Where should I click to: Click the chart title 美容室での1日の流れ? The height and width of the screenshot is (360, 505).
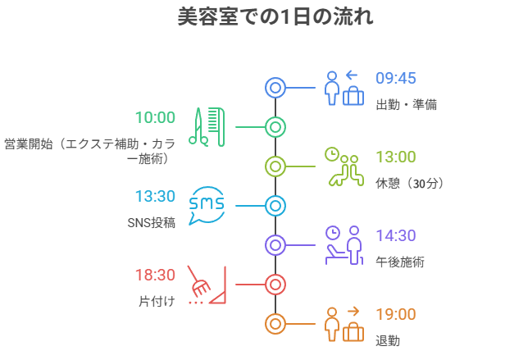point(275,17)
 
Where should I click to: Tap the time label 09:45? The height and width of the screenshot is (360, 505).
point(396,79)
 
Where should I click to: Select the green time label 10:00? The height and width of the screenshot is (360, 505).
point(155,117)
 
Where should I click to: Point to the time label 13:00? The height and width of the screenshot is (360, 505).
point(396,157)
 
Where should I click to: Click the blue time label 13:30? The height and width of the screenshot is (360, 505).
point(155,196)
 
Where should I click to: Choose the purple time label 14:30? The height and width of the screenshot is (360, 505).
point(396,235)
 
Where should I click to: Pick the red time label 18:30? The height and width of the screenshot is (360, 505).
point(155,275)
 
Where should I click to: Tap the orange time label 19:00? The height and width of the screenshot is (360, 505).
point(396,314)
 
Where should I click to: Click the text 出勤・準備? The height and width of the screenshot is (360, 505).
point(406,105)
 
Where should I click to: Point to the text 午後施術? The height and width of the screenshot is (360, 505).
point(399,262)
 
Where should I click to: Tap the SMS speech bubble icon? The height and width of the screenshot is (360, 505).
point(206,206)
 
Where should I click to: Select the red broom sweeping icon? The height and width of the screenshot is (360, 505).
point(206,285)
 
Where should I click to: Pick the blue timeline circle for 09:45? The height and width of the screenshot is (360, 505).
point(275,88)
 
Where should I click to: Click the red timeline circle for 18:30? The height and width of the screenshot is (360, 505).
point(275,285)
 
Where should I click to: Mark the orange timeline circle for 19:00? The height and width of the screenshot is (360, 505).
point(275,324)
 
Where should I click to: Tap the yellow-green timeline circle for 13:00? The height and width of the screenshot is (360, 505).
point(275,166)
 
